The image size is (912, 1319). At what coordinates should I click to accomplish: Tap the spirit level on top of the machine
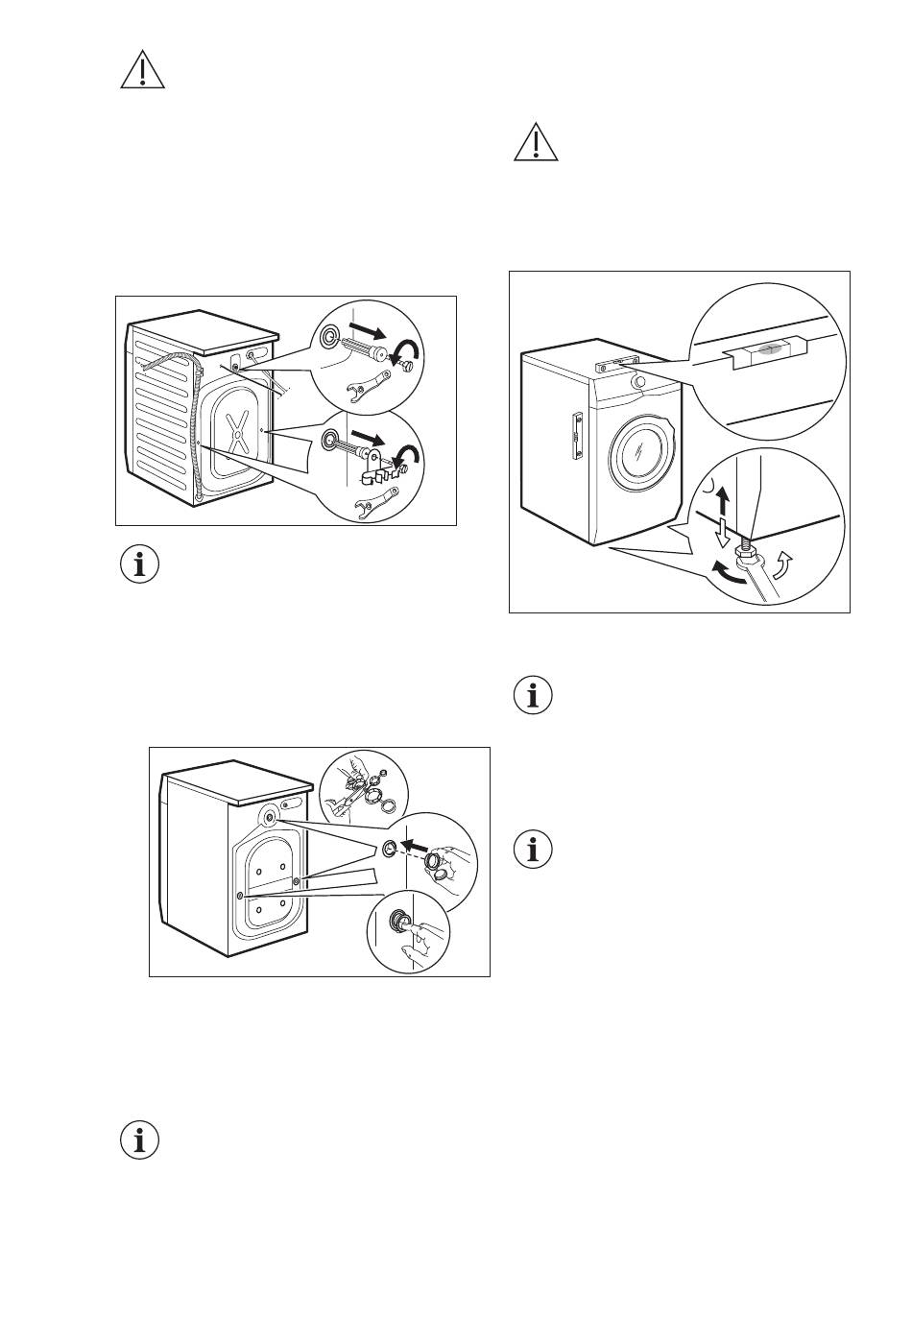tap(613, 363)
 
